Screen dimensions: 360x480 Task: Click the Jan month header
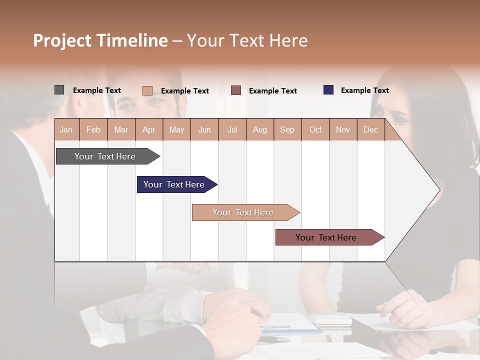point(66,130)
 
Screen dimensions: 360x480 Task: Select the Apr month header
point(148,130)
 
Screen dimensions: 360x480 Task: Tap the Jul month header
point(232,130)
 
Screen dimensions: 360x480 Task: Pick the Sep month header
point(287,130)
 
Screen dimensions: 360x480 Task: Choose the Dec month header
point(370,130)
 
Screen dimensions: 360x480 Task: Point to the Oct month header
point(315,130)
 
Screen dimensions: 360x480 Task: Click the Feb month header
point(93,130)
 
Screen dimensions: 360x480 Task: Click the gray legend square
point(59,90)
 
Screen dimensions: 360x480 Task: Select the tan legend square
point(147,90)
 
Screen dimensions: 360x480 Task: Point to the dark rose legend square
point(236,90)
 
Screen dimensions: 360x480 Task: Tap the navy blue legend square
point(328,90)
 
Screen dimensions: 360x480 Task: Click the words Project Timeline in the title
point(100,40)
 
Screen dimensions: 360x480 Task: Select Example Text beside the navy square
point(364,90)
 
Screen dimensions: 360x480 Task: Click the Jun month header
point(204,130)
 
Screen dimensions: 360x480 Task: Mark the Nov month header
point(342,130)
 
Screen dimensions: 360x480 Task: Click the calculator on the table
point(332,318)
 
